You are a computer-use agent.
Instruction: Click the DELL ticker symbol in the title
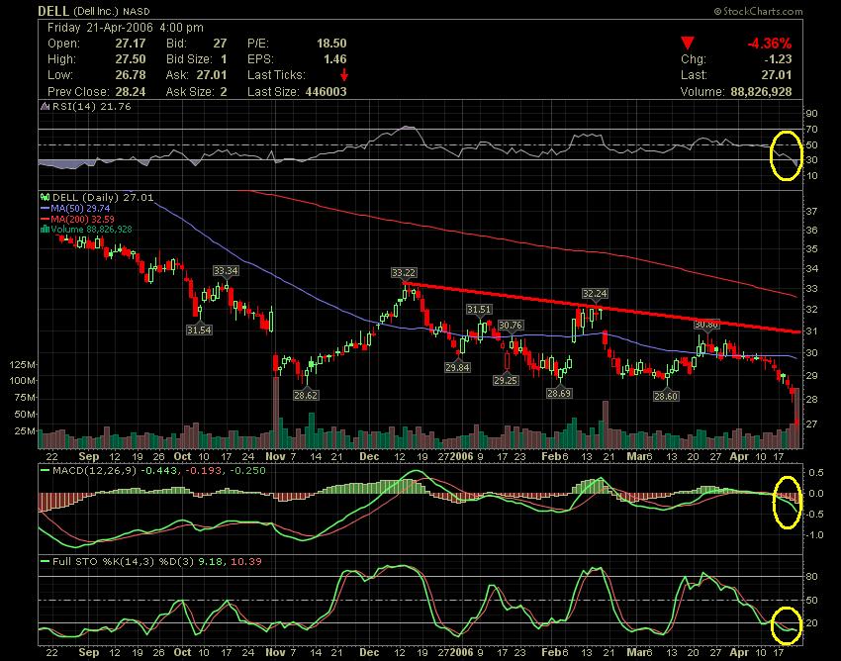[x=53, y=9]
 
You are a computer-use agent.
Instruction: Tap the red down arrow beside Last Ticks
[x=344, y=75]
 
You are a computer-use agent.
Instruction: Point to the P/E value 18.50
[x=331, y=44]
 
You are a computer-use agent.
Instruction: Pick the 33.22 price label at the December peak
[x=403, y=272]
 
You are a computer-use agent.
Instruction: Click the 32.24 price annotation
[x=594, y=293]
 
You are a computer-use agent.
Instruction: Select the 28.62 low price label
[x=306, y=394]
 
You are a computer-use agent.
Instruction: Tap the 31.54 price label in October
[x=199, y=330]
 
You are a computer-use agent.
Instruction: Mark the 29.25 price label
[x=506, y=380]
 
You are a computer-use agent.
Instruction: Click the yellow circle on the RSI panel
[x=786, y=155]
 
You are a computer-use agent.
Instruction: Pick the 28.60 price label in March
[x=666, y=396]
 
